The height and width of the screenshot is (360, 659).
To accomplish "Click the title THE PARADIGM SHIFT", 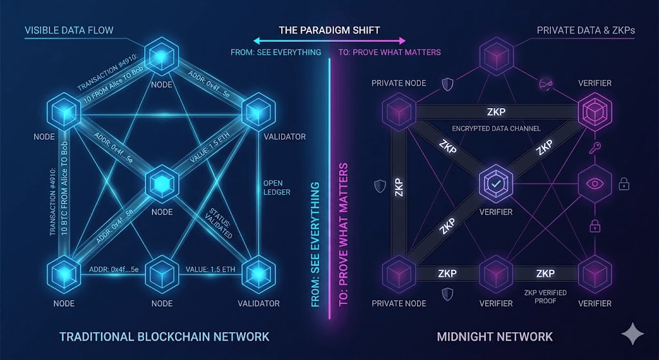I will coord(329,30).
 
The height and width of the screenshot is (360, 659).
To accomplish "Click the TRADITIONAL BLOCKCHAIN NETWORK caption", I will coord(164,336).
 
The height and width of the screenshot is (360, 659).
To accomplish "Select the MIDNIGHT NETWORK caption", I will coord(494,336).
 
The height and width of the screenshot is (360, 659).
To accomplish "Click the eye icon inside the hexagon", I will coord(595,184).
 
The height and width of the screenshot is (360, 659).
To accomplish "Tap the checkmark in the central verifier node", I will coord(496,184).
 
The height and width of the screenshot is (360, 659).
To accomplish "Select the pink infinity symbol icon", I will coord(544,84).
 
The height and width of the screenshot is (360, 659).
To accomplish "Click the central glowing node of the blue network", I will coord(161,184).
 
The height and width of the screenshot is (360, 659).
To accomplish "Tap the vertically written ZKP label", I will coord(399,186).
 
